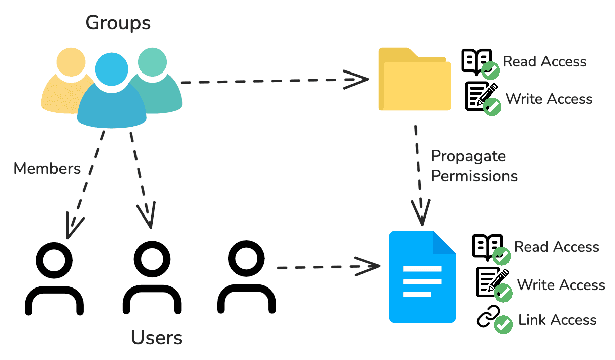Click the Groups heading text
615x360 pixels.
[x=118, y=23]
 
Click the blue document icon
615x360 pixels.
[x=422, y=277]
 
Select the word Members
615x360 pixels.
[x=47, y=168]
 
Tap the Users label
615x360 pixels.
[x=157, y=338]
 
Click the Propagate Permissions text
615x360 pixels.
[x=474, y=166]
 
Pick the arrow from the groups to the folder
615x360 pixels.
[x=272, y=80]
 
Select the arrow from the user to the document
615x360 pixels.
[x=327, y=266]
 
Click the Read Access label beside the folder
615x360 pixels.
[x=544, y=61]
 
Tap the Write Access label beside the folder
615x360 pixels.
[x=549, y=98]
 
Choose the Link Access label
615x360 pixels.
[x=557, y=320]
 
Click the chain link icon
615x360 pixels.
[x=488, y=317]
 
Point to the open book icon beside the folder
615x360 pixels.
[x=476, y=61]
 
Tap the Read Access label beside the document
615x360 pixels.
[x=557, y=247]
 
